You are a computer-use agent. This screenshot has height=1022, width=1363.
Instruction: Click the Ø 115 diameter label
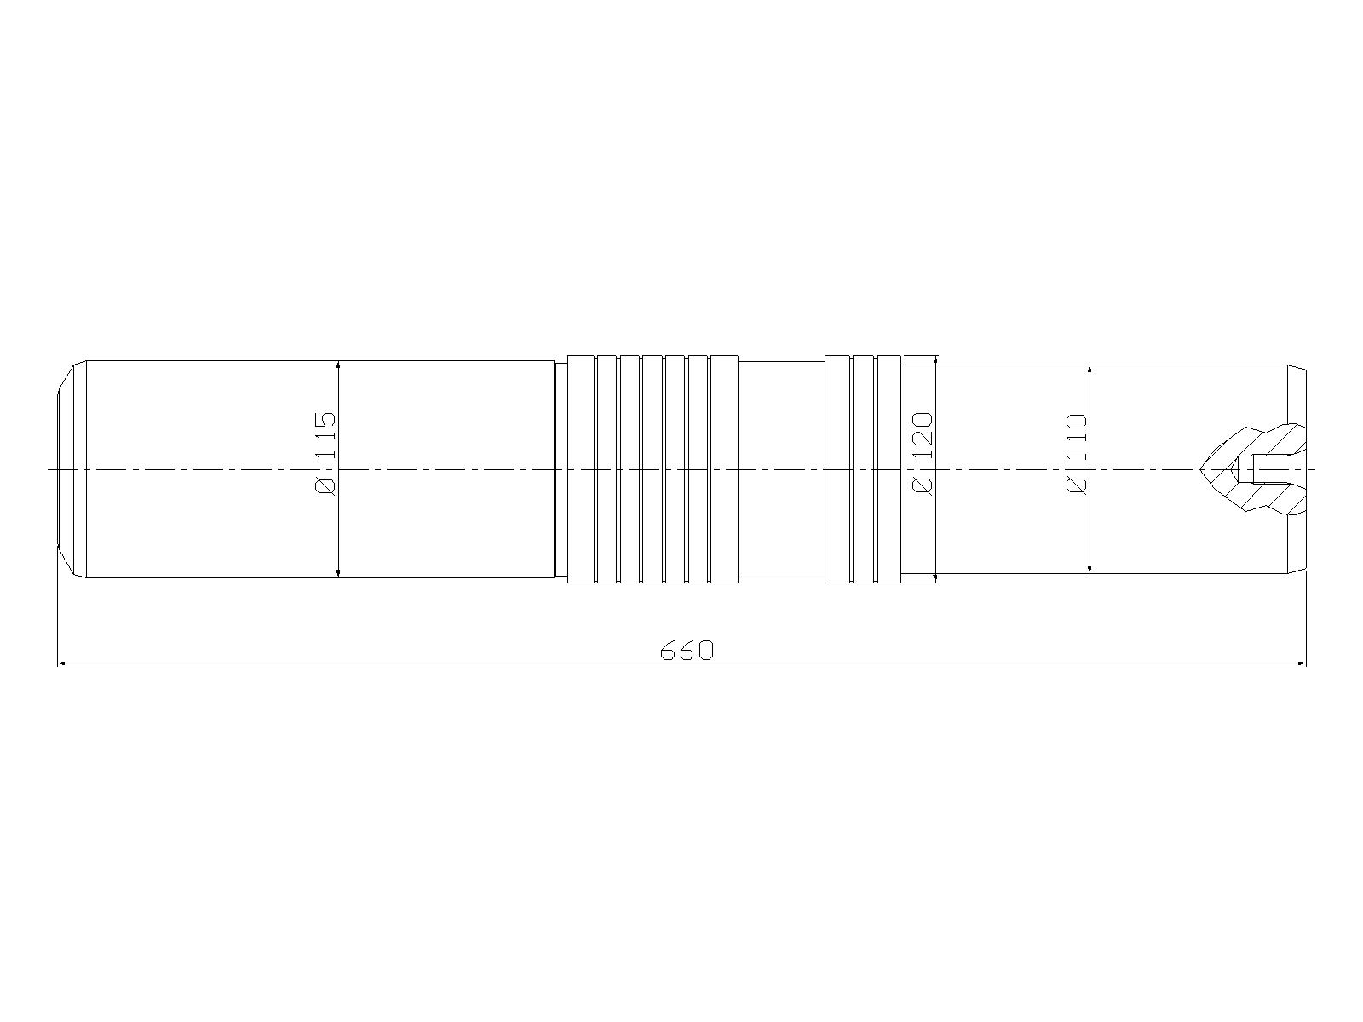(326, 453)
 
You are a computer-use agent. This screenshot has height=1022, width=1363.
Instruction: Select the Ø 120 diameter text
(923, 453)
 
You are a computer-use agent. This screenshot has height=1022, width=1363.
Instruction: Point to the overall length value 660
(687, 651)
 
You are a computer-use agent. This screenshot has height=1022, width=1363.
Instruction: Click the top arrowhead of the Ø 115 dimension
(338, 365)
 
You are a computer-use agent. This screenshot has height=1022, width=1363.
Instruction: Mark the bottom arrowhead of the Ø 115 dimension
(338, 572)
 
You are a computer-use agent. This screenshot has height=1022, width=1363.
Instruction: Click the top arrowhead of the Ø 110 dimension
(1090, 370)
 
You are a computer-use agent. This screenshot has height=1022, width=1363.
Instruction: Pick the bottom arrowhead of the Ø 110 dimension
(1090, 568)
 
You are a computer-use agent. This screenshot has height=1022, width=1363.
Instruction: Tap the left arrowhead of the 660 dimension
(61, 663)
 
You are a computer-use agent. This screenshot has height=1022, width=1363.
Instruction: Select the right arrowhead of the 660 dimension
(1302, 663)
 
